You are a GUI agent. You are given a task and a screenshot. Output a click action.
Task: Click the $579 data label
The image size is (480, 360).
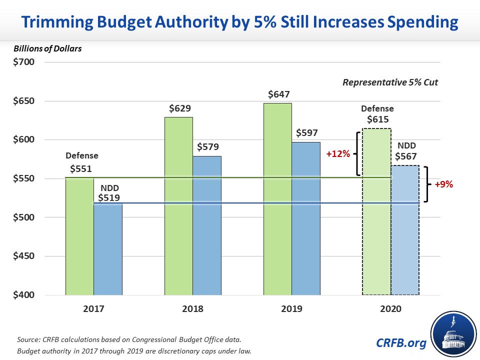point(207,148)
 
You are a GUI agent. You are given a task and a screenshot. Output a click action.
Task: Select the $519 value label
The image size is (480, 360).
point(108,198)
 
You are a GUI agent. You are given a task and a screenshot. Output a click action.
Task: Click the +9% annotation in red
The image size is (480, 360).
point(443,184)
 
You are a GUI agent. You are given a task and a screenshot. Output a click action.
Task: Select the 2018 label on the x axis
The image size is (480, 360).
point(192,309)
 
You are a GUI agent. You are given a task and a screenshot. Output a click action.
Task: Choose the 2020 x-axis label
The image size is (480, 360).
point(391,309)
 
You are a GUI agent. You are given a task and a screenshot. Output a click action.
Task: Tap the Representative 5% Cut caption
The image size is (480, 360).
point(390,82)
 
